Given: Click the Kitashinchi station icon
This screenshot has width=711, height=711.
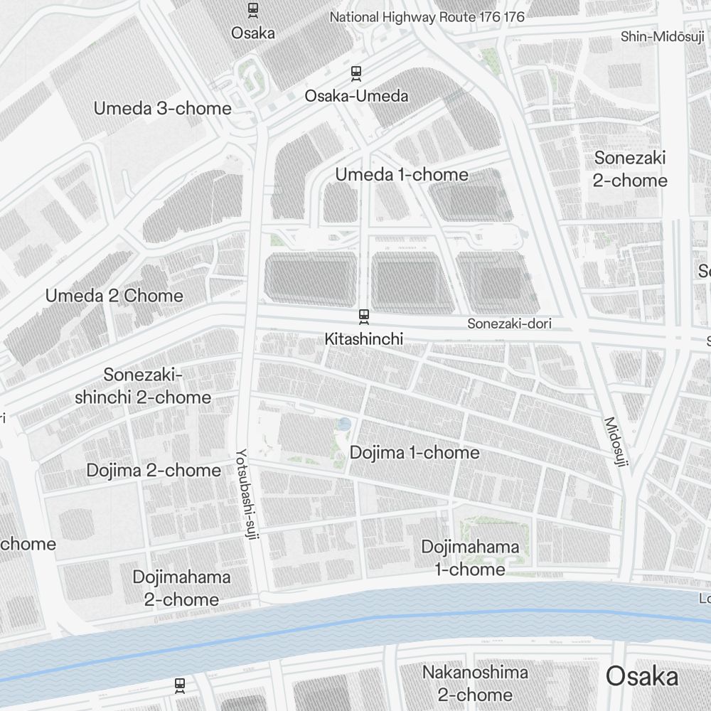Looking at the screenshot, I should point(363,315).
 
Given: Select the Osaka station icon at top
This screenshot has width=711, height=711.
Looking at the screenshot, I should point(252,10).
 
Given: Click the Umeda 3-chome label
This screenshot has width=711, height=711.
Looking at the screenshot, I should point(163,109).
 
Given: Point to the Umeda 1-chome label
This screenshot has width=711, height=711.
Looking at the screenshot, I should point(402,175).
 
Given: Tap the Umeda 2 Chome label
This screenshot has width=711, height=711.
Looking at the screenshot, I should point(114,296).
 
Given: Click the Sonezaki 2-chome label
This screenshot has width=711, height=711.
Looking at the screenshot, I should point(631,169).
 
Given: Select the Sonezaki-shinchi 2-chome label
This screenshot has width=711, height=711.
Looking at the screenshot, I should point(143,386).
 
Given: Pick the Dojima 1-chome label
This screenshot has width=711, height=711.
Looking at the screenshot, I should point(415,453).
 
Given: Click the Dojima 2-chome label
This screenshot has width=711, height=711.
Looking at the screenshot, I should point(154,471).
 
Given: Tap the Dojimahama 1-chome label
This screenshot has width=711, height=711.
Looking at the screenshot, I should point(470,558).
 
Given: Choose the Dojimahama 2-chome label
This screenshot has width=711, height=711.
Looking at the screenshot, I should point(181,588).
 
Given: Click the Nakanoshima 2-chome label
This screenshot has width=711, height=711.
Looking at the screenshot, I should point(475,683).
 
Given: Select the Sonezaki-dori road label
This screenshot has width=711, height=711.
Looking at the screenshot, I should point(509,324).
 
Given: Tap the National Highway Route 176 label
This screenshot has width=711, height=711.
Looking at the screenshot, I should point(427,17).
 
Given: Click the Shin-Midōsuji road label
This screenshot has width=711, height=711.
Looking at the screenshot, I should point(662,36).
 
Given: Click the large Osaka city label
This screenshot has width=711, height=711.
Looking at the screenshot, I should point(642,677).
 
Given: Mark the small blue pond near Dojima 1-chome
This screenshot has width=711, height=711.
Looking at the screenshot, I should point(345,424).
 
